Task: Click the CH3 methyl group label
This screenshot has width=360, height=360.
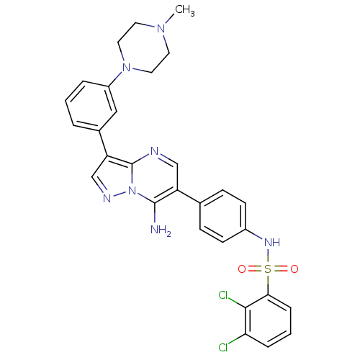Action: [184, 11]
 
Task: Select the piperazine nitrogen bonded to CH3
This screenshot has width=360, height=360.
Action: [161, 29]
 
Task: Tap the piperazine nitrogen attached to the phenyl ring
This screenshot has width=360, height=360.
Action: [126, 68]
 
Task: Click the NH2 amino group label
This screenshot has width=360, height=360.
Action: [161, 230]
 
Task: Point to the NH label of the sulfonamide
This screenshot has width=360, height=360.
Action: [272, 243]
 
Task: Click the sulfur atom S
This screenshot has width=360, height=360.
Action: [268, 269]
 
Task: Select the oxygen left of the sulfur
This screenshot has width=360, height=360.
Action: [242, 269]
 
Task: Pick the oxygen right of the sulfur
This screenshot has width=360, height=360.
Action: [294, 269]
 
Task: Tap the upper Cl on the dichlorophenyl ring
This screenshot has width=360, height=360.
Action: [223, 295]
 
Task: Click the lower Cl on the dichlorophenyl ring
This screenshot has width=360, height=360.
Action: [223, 347]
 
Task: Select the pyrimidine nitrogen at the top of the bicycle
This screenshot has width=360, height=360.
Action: [155, 151]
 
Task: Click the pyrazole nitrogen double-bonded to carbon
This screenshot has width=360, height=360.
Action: [107, 199]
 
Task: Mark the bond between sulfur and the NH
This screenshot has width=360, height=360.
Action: [268, 256]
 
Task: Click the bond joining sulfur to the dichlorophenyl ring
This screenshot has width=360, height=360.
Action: [268, 284]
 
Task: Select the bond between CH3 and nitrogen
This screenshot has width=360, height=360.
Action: [170, 19]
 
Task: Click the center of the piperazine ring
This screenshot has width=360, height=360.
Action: [143, 48]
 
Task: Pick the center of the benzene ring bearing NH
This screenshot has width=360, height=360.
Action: [223, 216]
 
